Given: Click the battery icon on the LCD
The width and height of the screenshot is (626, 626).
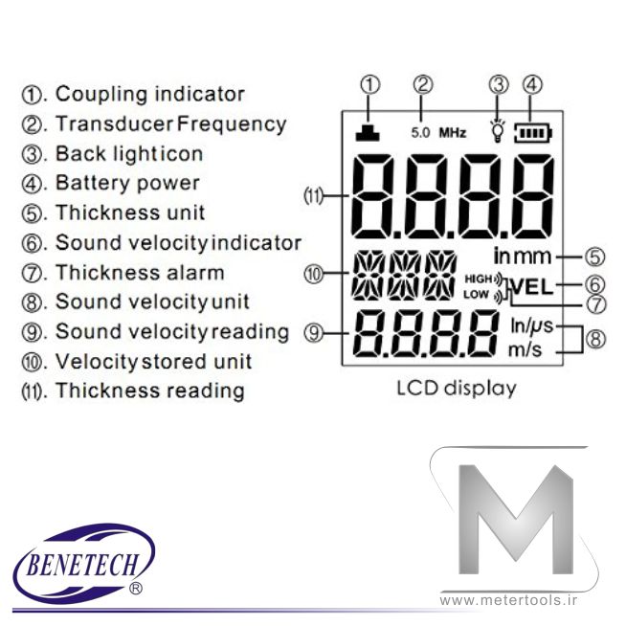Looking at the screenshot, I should pyautogui.click(x=530, y=132).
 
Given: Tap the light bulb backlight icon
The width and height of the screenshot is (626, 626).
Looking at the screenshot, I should pyautogui.click(x=497, y=131).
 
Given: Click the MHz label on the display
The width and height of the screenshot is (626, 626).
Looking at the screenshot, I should pyautogui.click(x=453, y=133).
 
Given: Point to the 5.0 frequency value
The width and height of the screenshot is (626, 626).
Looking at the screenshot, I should pyautogui.click(x=421, y=133).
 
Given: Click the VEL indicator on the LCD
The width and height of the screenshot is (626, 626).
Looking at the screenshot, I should pyautogui.click(x=533, y=285).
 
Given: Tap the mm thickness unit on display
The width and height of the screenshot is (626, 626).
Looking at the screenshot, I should pyautogui.click(x=538, y=256).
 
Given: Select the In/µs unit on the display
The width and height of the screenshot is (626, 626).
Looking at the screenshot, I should pyautogui.click(x=526, y=326).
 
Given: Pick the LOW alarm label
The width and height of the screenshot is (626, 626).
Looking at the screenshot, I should pyautogui.click(x=476, y=294).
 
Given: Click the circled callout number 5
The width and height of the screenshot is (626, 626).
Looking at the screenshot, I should pyautogui.click(x=594, y=256).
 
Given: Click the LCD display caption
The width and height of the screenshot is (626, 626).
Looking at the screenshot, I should pyautogui.click(x=456, y=389).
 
